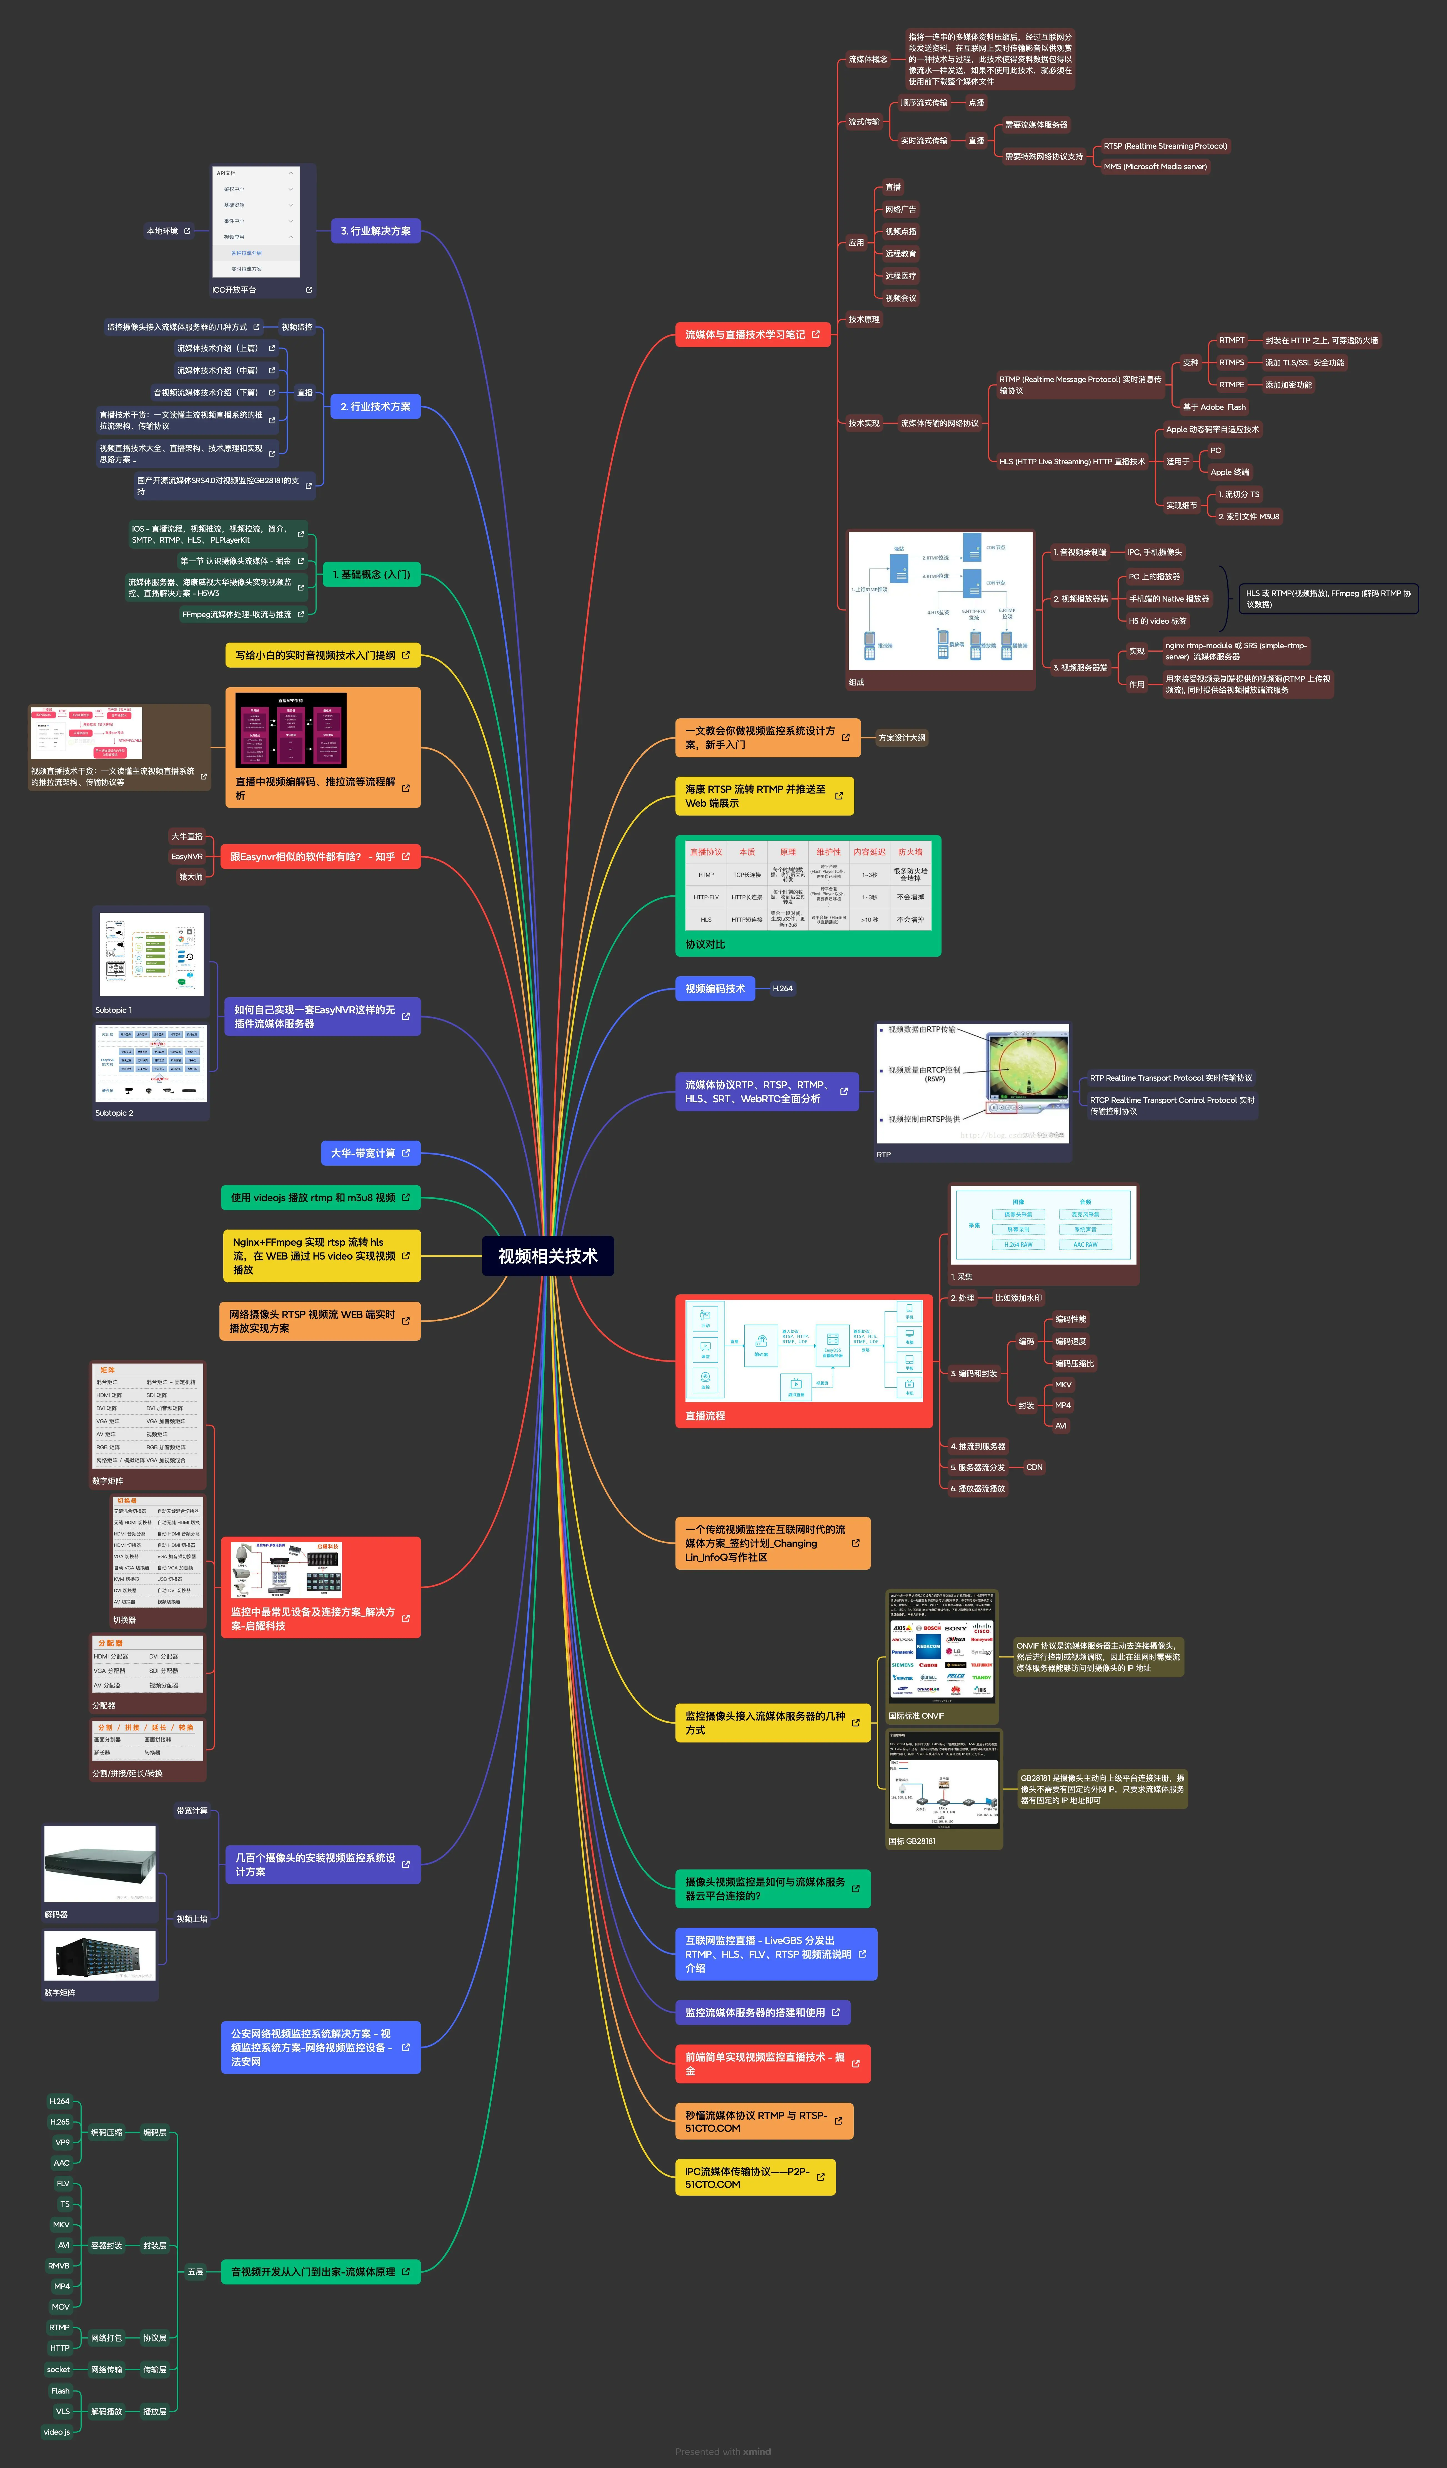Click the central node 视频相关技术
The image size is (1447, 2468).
coord(547,1256)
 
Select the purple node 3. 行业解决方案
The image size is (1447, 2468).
coord(375,231)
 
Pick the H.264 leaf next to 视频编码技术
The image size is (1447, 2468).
coord(782,988)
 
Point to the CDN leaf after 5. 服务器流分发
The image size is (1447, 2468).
coord(1034,1467)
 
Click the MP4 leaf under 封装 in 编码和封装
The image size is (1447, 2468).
coord(1062,1405)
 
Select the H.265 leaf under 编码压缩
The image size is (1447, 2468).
coord(60,2121)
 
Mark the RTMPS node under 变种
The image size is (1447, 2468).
coord(1231,362)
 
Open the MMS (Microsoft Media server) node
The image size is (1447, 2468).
coord(1155,166)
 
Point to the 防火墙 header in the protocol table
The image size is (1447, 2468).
coord(910,852)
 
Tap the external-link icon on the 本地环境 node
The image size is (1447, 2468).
coord(187,231)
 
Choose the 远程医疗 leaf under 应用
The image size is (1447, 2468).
coord(901,276)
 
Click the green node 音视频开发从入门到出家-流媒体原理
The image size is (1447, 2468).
coord(313,2271)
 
